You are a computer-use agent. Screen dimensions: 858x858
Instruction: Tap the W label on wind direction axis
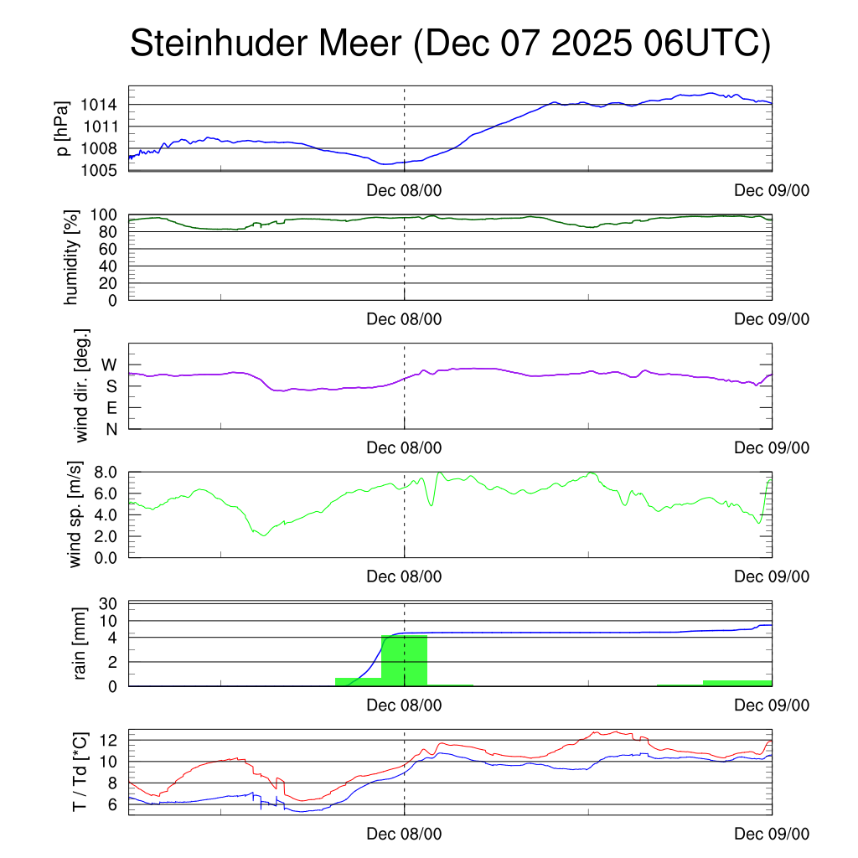[x=110, y=365]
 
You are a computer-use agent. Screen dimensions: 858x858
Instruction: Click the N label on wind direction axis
[x=111, y=429]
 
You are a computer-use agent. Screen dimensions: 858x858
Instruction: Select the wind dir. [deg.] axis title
[x=82, y=385]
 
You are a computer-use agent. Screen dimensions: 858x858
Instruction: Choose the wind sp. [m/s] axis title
[x=76, y=513]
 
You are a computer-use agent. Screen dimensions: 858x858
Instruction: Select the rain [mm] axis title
[x=80, y=643]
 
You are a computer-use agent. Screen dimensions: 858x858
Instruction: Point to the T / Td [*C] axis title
[x=80, y=772]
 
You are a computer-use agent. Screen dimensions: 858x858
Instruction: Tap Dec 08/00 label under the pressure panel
[x=404, y=190]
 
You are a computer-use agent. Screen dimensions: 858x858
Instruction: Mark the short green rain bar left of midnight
[x=358, y=681]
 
